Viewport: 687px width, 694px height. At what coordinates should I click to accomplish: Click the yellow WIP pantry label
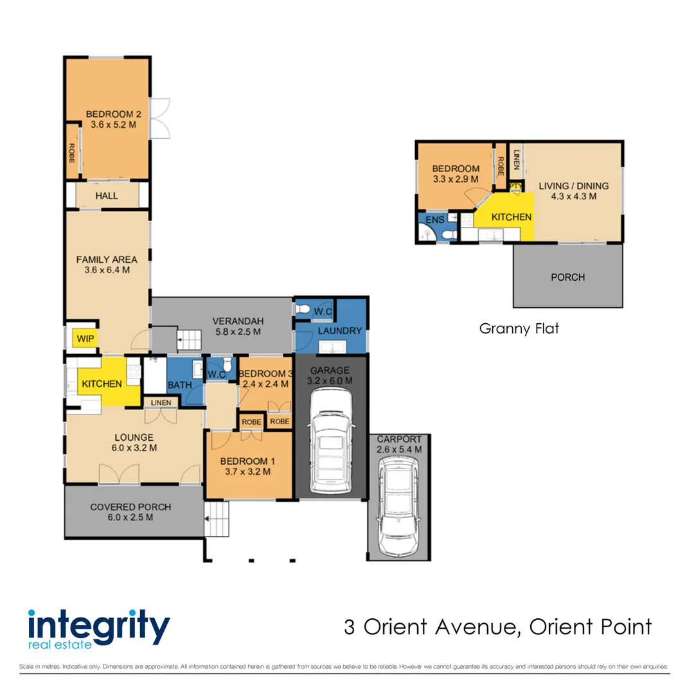[x=85, y=339]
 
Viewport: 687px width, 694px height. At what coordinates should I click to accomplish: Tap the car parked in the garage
[x=332, y=441]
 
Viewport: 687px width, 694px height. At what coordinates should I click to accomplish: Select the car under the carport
[x=398, y=506]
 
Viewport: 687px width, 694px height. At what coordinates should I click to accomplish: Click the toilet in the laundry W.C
[x=303, y=308]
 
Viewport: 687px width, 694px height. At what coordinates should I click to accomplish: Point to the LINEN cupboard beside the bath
[x=161, y=403]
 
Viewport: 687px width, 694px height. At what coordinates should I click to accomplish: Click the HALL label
[x=107, y=195]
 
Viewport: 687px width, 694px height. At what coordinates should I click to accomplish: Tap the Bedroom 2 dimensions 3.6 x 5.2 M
[x=113, y=125]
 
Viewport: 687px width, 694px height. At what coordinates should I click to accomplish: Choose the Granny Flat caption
[x=519, y=328]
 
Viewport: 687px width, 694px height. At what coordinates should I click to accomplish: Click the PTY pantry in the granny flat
[x=515, y=186]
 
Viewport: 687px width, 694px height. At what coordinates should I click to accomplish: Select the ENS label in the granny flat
[x=434, y=220]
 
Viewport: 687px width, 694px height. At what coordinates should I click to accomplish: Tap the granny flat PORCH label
[x=568, y=277]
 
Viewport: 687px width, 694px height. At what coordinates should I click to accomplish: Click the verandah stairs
[x=189, y=340]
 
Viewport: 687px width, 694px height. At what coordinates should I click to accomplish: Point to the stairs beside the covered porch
[x=217, y=519]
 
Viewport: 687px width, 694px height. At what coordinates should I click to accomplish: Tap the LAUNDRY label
[x=339, y=331]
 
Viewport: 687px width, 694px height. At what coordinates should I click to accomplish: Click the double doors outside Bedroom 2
[x=160, y=119]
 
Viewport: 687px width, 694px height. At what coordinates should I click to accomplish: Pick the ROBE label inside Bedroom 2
[x=72, y=153]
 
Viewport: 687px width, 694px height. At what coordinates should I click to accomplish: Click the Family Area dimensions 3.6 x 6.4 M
[x=107, y=270]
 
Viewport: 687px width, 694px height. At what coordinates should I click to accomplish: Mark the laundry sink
[x=332, y=347]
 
